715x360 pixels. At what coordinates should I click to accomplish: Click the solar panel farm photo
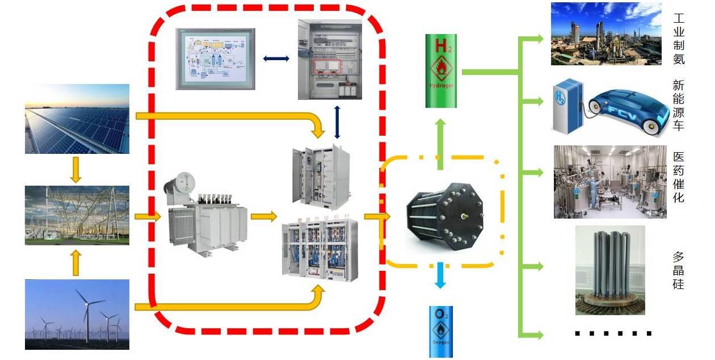77,119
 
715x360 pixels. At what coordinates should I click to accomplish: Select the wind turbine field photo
77,314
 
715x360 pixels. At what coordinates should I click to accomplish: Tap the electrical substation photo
77,215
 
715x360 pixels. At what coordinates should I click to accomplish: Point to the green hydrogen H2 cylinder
441,71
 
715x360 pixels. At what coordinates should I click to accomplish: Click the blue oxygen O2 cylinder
441,332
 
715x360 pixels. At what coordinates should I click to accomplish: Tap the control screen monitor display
215,58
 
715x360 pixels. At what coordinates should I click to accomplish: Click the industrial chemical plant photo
606,34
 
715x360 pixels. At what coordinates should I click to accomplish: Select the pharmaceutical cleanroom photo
610,182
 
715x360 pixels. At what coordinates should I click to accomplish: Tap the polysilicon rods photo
610,270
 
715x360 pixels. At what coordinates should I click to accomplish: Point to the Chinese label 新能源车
678,106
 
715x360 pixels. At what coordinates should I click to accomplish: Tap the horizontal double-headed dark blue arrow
276,58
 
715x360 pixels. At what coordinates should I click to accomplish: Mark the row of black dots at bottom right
613,333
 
